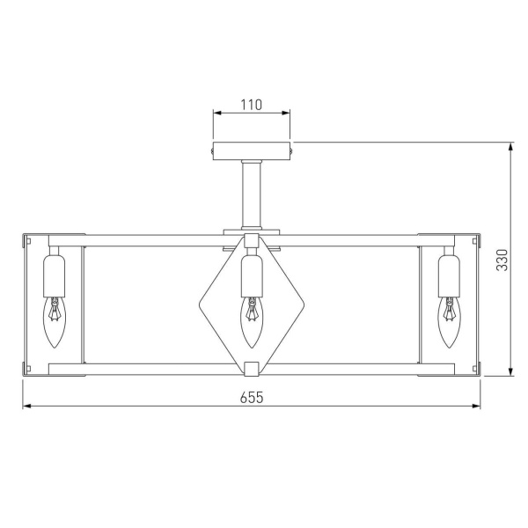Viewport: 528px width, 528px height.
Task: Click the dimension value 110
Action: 252,105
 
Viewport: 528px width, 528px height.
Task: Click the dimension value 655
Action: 252,397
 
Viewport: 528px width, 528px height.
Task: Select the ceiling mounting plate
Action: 252,150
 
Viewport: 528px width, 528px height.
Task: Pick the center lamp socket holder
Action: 252,275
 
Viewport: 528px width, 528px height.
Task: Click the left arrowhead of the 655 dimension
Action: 26,407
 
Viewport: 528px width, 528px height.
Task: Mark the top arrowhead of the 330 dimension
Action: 512,147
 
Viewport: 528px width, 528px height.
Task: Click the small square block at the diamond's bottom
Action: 252,367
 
